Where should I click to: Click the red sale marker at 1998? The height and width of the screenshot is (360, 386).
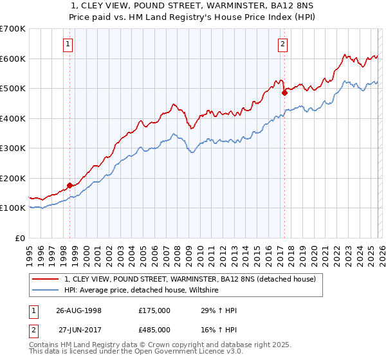[x=69, y=186]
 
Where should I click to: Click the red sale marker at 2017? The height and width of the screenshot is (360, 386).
[x=284, y=93]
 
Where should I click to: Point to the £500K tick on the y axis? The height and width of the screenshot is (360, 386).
[x=13, y=88]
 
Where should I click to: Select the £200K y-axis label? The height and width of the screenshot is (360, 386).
[x=13, y=178]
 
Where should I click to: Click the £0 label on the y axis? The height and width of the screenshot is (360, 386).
[x=20, y=238]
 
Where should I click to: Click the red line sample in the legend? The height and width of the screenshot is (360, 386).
[x=45, y=280]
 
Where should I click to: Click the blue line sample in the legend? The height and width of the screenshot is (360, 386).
[x=45, y=291]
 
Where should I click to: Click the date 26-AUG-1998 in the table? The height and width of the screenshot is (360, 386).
[x=78, y=310]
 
